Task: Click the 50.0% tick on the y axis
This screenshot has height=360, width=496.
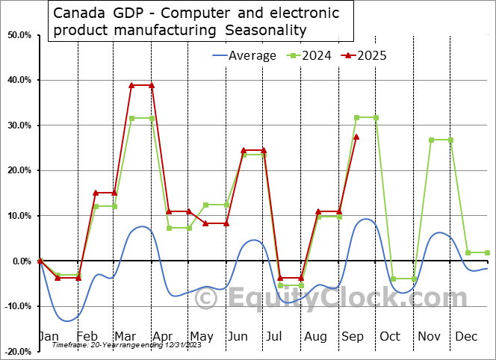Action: click(x=19, y=35)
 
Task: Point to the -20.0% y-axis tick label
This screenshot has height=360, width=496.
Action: click(x=18, y=351)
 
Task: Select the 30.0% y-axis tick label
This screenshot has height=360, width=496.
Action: click(x=19, y=125)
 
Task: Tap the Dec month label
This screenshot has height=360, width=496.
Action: click(x=467, y=336)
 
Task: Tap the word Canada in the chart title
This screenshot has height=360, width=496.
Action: click(x=78, y=13)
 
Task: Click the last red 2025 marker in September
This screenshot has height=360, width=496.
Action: click(x=356, y=137)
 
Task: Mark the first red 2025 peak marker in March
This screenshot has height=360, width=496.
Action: click(x=131, y=85)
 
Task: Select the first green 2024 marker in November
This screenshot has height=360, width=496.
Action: click(x=432, y=140)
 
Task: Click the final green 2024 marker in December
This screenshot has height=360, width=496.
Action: click(x=488, y=252)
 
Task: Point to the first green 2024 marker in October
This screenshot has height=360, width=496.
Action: click(x=394, y=279)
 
